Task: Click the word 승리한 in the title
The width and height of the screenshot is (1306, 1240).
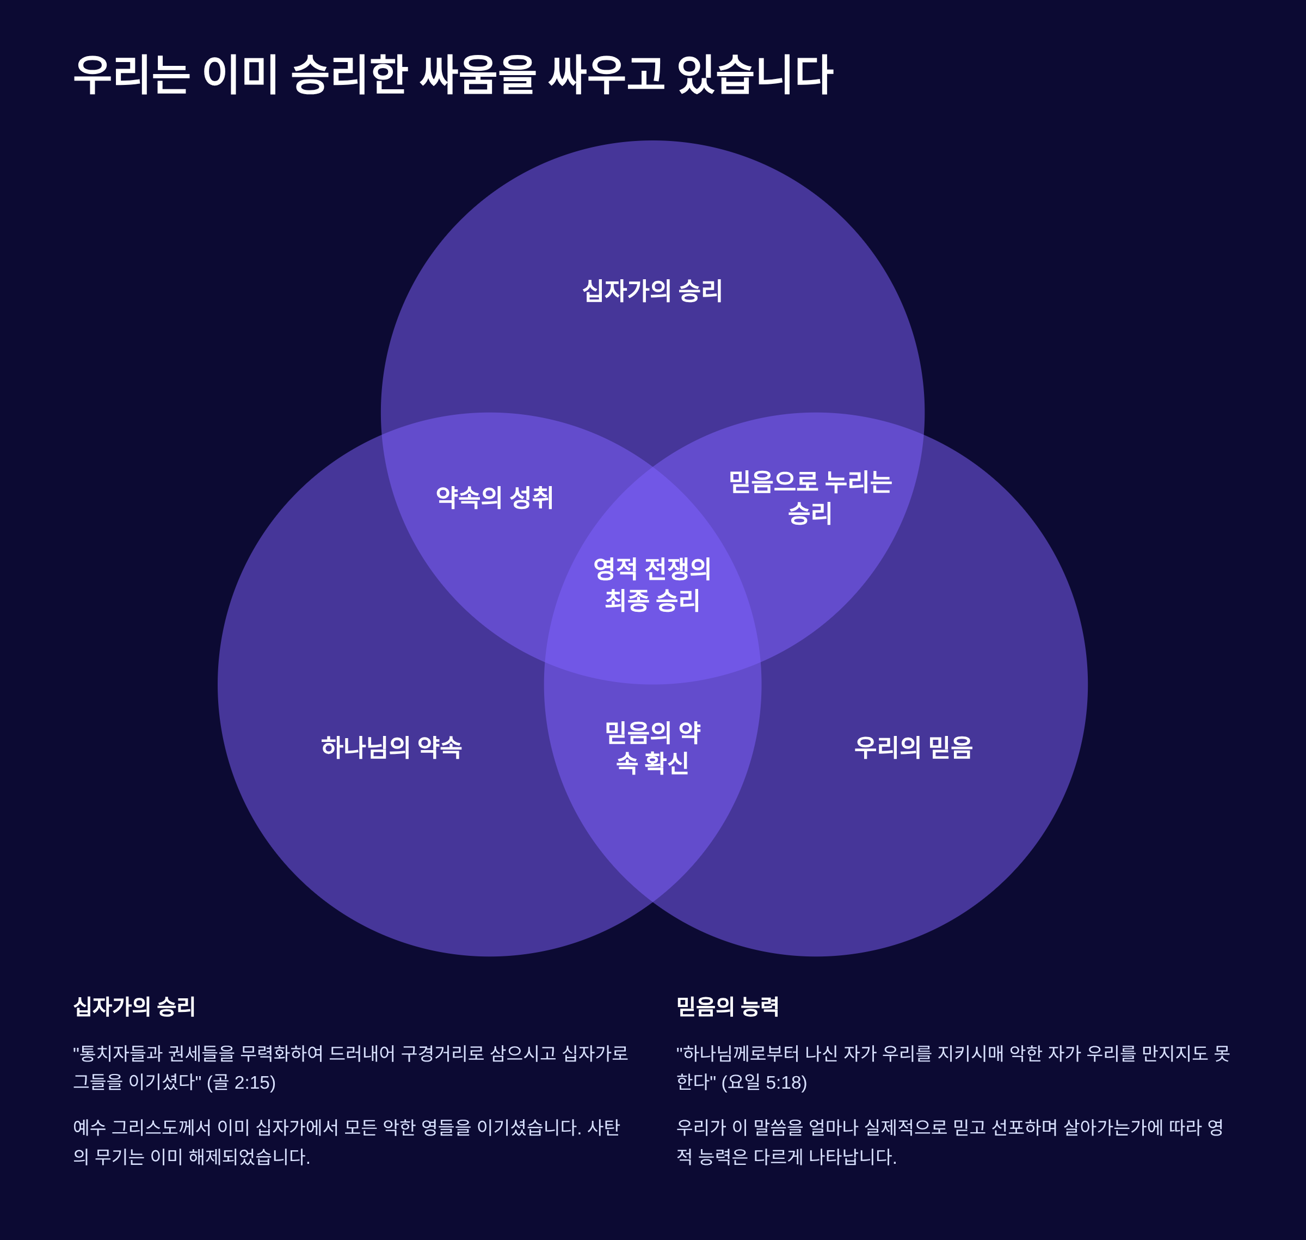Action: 348,74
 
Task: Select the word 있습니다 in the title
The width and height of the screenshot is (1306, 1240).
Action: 755,74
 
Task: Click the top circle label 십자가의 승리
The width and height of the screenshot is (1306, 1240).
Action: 652,291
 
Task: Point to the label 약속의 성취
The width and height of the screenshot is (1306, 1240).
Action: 495,498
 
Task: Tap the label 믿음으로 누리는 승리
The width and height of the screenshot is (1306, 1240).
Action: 810,498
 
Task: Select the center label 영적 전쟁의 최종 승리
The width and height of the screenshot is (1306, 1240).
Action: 652,584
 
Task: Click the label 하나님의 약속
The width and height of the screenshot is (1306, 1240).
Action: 391,747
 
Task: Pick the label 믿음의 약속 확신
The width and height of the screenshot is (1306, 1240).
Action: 652,747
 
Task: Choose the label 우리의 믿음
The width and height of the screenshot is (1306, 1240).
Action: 914,747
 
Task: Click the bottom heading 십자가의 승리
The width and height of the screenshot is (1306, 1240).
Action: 134,1006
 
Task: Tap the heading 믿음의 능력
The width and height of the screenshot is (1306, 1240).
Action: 728,1006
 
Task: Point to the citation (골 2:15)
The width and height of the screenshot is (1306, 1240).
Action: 241,1083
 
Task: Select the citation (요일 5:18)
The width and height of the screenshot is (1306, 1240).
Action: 764,1083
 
